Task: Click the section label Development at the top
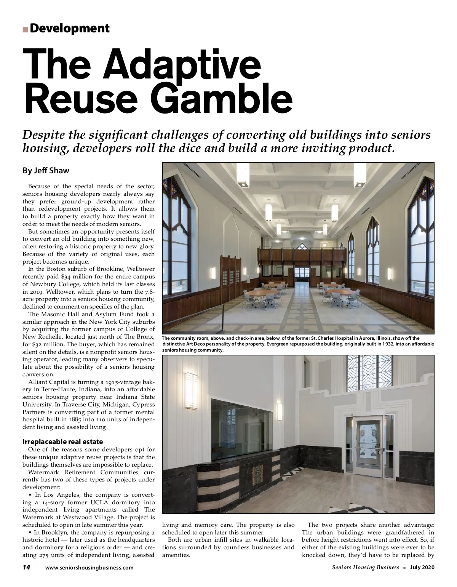click(x=69, y=28)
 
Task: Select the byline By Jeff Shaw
click(x=46, y=170)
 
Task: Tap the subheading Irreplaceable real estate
click(x=63, y=442)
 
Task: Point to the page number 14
click(x=26, y=567)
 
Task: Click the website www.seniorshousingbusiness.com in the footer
click(x=89, y=568)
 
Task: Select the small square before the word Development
click(x=25, y=29)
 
